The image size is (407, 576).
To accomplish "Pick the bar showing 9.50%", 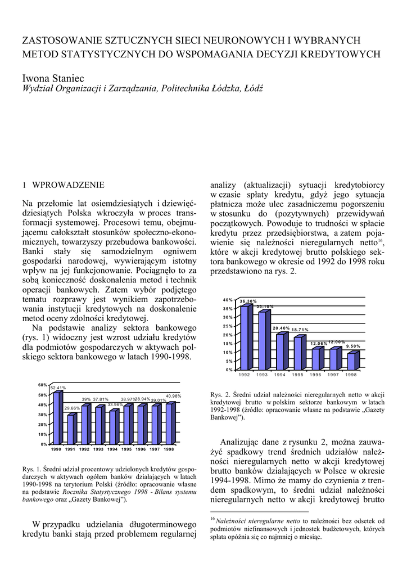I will pyautogui.click(x=351, y=361).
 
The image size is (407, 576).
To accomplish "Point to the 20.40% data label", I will pyautogui.click(x=281, y=328).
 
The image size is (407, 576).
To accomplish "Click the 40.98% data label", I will pyautogui.click(x=174, y=396).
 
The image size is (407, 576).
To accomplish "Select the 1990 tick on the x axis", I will pyautogui.click(x=56, y=449).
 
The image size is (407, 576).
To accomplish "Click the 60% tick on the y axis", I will pyautogui.click(x=42, y=385).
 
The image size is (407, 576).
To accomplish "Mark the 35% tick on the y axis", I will pyautogui.click(x=227, y=309).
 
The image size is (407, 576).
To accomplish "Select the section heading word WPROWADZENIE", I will pyautogui.click(x=69, y=184).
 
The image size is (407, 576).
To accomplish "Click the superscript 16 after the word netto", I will pyautogui.click(x=381, y=241).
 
